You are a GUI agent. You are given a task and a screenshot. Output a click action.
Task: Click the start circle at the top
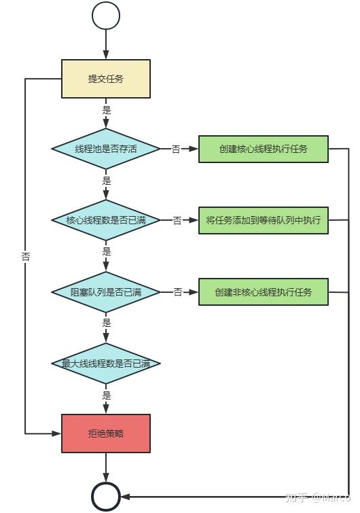[106, 16]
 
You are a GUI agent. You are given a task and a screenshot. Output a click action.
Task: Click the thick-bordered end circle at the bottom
[106, 497]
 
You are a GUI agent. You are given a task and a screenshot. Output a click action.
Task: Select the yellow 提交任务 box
[106, 79]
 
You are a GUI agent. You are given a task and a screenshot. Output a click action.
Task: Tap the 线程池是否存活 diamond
[106, 149]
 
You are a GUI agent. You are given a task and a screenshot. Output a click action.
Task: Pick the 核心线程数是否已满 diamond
[106, 220]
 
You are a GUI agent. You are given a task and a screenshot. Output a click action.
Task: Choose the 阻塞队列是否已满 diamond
[106, 291]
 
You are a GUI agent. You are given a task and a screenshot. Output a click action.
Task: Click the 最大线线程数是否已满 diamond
[106, 364]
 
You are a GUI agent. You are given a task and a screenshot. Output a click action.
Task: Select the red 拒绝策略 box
[106, 433]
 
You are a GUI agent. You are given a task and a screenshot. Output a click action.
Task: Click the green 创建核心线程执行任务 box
[264, 149]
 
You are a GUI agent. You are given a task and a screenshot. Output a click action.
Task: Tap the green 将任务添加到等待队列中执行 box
[264, 220]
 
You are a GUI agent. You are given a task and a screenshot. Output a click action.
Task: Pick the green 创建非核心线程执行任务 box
[264, 291]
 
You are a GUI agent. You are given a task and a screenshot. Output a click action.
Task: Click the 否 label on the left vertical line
[26, 257]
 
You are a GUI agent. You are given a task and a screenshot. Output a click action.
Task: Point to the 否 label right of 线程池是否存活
[176, 149]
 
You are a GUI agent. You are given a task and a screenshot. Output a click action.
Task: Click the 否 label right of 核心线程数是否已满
[177, 220]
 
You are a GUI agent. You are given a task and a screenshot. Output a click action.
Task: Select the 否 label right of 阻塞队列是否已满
[177, 291]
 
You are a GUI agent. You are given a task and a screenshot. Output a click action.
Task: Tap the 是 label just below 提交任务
[106, 110]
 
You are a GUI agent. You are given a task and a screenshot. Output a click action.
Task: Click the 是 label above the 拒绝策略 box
[106, 395]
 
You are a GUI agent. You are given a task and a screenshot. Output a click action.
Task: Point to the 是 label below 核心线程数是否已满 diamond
[106, 251]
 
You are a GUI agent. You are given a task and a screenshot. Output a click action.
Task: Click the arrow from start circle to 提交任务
[106, 45]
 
